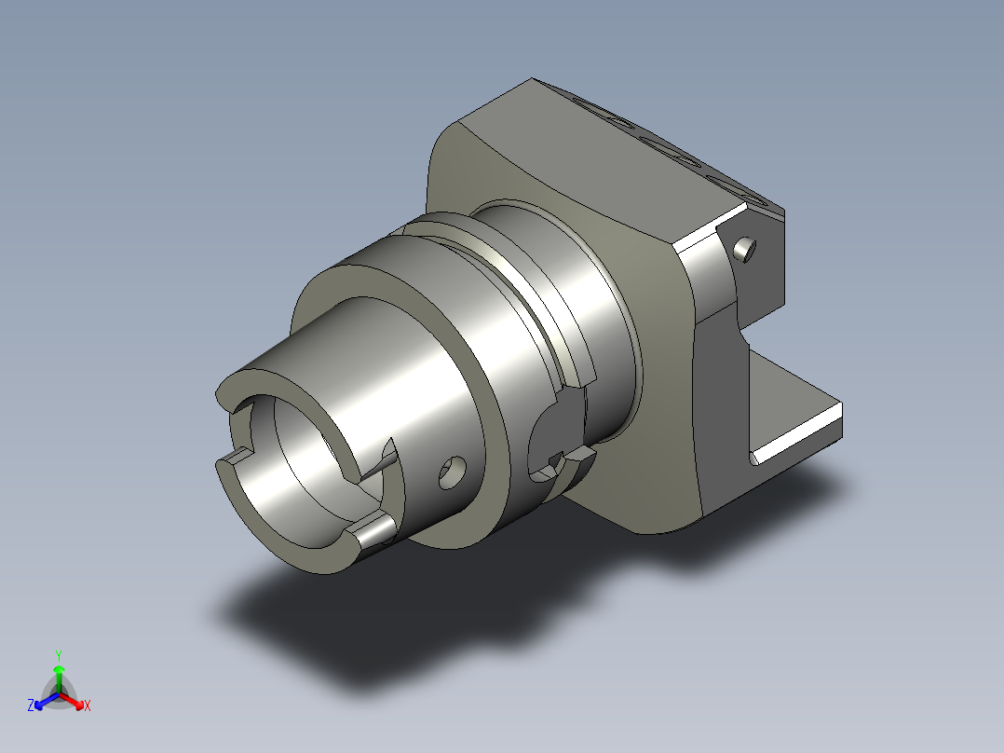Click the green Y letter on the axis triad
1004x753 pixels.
[59, 655]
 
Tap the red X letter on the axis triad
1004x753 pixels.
[88, 705]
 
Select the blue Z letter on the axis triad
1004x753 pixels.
[31, 705]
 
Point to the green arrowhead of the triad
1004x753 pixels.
[59, 670]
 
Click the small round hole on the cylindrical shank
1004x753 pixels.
[452, 472]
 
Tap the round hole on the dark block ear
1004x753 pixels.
[744, 249]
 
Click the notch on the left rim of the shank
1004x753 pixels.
[236, 455]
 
